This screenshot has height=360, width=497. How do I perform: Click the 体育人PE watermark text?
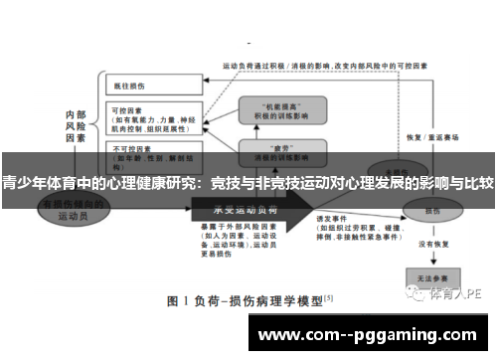point(456,294)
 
